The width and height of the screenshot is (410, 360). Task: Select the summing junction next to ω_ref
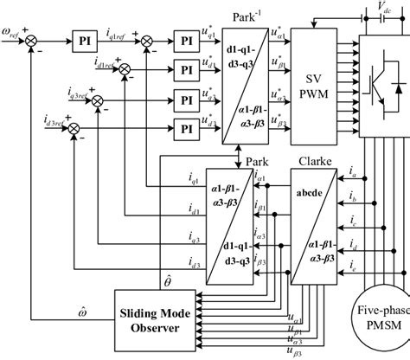tap(34, 40)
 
